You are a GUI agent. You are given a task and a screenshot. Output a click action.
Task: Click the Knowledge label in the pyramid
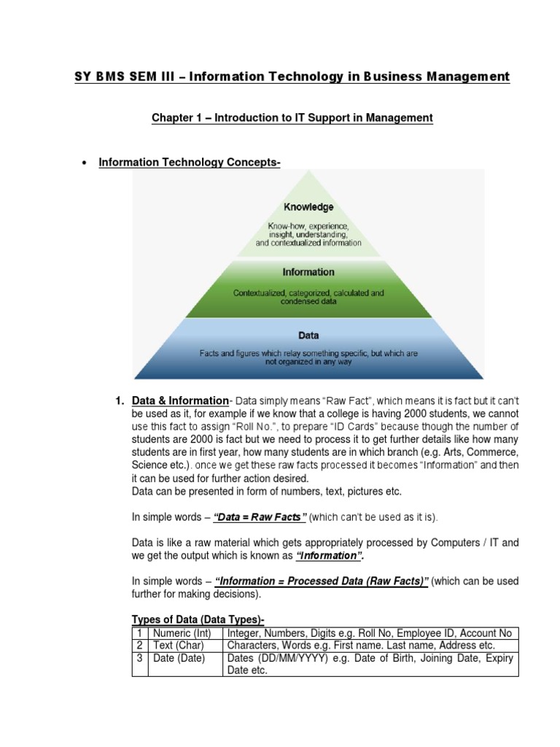308,207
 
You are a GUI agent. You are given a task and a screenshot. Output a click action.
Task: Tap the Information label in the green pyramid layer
308,272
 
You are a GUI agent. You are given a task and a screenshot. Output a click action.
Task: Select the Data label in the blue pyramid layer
308,336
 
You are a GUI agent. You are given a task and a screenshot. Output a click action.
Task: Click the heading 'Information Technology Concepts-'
190,162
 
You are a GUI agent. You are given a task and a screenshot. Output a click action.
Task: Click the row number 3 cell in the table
139,658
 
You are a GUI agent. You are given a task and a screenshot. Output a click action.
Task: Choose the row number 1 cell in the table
139,633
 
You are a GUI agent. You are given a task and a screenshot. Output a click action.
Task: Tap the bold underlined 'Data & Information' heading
180,400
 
